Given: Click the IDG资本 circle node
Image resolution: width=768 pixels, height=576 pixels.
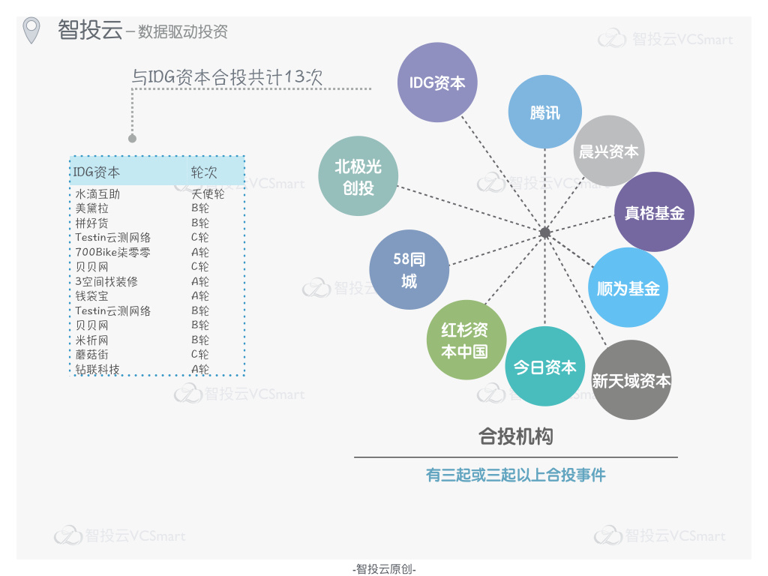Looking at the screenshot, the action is pyautogui.click(x=437, y=82).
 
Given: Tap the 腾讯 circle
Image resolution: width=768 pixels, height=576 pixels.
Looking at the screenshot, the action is pyautogui.click(x=544, y=112).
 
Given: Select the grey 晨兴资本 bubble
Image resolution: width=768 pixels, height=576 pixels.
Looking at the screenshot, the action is pyautogui.click(x=609, y=151).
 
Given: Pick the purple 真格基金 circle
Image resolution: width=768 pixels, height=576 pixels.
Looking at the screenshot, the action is pyautogui.click(x=654, y=212).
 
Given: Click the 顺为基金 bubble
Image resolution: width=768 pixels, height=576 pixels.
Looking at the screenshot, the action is pyautogui.click(x=628, y=287).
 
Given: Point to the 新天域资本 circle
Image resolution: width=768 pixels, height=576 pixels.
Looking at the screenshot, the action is pyautogui.click(x=631, y=379).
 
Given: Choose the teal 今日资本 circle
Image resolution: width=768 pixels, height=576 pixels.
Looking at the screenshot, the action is pyautogui.click(x=544, y=366).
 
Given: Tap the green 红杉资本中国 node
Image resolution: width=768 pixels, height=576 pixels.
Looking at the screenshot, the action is pyautogui.click(x=465, y=340).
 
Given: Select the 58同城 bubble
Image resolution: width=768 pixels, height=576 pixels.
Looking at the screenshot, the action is pyautogui.click(x=409, y=269).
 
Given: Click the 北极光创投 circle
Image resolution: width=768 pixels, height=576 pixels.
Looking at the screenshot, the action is pyautogui.click(x=358, y=175).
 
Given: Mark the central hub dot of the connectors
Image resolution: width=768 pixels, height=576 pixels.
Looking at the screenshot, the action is pyautogui.click(x=544, y=232).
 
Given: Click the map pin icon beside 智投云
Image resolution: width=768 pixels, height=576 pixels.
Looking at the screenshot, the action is pyautogui.click(x=31, y=30).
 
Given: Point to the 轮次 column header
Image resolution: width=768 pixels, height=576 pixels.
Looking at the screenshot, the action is pyautogui.click(x=204, y=172).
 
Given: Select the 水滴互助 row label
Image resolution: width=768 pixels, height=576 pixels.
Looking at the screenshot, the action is pyautogui.click(x=97, y=194).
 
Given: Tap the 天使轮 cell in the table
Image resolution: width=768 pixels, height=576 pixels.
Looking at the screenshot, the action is pyautogui.click(x=208, y=194).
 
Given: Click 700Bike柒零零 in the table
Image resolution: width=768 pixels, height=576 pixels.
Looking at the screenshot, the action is pyautogui.click(x=112, y=252).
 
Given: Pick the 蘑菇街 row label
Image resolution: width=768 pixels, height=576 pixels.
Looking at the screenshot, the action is pyautogui.click(x=91, y=354).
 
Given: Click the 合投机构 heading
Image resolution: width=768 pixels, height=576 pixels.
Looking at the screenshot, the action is pyautogui.click(x=516, y=436).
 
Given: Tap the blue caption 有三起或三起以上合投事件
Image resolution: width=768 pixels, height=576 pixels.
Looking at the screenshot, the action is pyautogui.click(x=516, y=475).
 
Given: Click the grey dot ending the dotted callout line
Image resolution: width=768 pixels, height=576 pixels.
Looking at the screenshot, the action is pyautogui.click(x=132, y=139).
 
